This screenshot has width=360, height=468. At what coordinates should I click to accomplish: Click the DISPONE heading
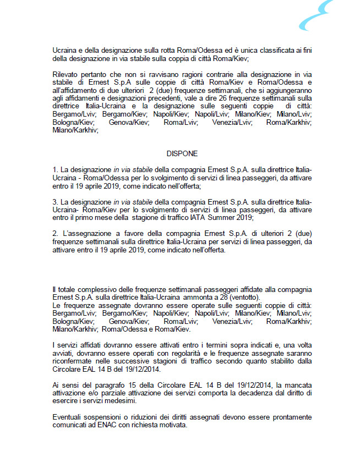click(182, 154)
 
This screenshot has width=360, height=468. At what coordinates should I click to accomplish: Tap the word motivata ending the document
click(171, 426)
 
